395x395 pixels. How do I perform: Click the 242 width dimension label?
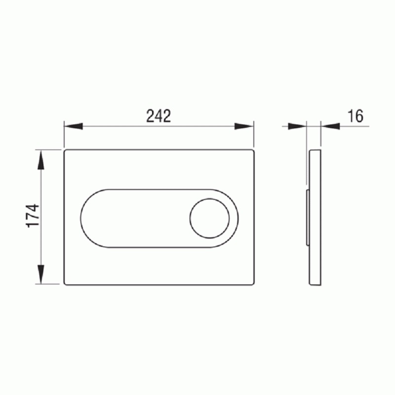click(x=158, y=116)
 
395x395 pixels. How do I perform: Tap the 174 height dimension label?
click(x=33, y=216)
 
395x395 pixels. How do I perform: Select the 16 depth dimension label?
click(x=355, y=116)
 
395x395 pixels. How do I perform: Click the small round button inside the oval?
click(x=209, y=218)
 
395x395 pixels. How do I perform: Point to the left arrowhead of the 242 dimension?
click(x=73, y=126)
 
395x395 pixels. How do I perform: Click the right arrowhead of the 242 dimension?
click(x=243, y=126)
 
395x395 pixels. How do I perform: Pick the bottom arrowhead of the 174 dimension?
click(x=41, y=275)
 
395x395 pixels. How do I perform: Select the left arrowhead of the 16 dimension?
click(x=297, y=126)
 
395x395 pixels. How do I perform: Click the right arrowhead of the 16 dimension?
click(x=330, y=126)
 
